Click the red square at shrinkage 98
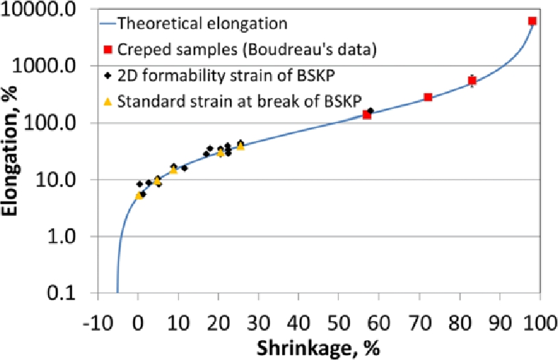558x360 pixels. pos(532,21)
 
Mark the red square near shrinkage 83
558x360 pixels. pos(472,81)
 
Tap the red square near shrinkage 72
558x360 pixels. pos(428,97)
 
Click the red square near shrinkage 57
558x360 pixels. pos(367,115)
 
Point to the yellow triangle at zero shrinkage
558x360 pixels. pos(138,195)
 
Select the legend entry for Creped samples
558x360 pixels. pos(246,49)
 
